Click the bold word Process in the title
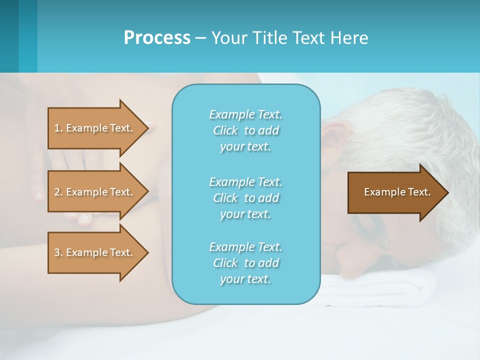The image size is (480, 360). [157, 38]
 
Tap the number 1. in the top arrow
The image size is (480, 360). [58, 128]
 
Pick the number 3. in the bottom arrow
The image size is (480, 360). [58, 252]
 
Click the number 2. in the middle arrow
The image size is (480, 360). [58, 192]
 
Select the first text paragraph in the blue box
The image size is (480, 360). [245, 130]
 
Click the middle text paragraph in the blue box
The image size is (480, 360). [245, 198]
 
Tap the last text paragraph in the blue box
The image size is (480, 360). [245, 263]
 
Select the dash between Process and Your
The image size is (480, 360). [201, 38]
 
